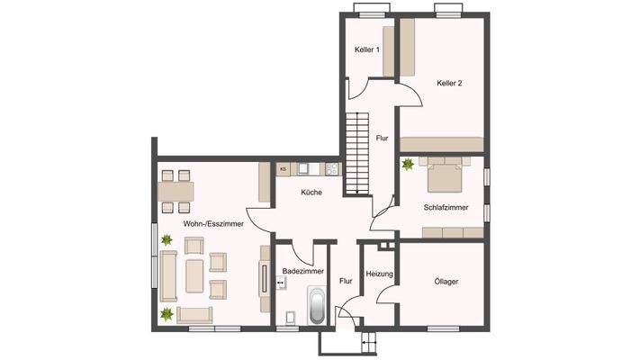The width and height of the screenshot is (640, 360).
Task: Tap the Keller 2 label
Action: coord(449,83)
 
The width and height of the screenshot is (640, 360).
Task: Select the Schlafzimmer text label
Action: coord(446,207)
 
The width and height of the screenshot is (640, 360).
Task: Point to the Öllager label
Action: coord(446,282)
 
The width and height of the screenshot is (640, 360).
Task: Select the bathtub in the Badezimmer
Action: coord(318,307)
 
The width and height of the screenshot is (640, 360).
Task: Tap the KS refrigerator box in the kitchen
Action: coord(283,168)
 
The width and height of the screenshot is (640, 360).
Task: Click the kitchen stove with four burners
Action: coord(332,168)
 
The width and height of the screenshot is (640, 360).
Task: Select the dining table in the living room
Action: coord(176,191)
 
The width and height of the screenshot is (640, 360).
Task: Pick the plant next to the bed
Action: coord(409,164)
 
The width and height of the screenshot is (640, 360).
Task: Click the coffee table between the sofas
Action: coord(194,275)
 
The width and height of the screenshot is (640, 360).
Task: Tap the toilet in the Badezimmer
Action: coord(290,317)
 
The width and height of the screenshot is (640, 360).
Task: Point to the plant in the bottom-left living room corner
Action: coord(167,313)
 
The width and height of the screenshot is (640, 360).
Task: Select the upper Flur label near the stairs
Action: coord(382,138)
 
